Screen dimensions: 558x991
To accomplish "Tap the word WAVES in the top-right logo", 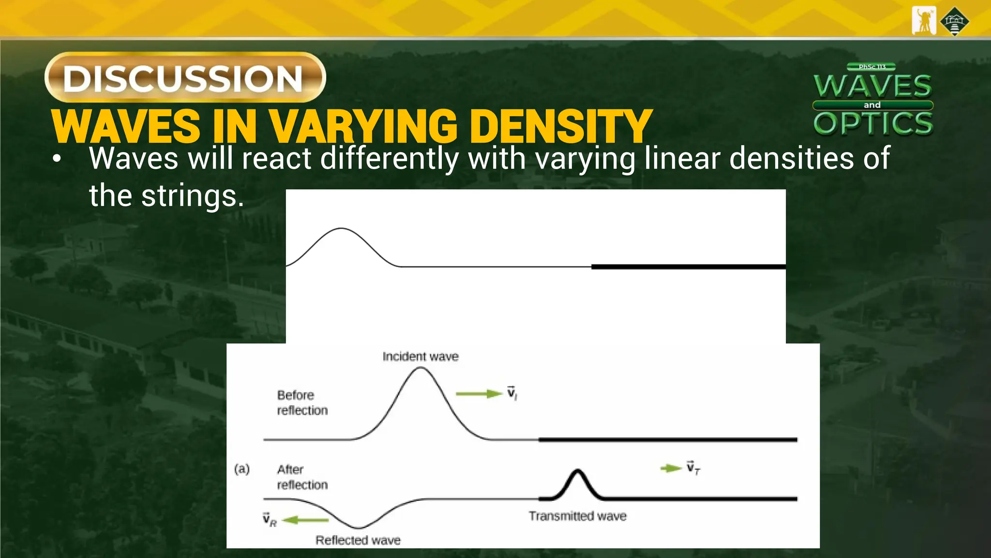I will [872, 86].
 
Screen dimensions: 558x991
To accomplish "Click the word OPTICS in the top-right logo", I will [873, 123].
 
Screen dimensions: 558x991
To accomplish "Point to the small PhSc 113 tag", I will [871, 67].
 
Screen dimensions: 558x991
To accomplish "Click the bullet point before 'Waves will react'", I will [57, 159].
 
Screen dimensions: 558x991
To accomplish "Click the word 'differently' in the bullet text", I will [390, 158].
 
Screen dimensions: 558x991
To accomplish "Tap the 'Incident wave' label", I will [420, 356].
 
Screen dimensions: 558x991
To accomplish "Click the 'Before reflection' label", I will [302, 403].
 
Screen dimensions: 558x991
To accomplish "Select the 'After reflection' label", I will [302, 477].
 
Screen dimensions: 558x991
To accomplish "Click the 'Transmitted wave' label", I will [577, 516].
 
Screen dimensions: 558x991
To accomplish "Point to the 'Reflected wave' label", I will [358, 540].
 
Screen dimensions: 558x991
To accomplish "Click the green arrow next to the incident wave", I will [479, 394].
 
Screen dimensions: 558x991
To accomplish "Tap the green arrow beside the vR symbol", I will [306, 520].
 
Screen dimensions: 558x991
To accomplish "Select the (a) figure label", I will [242, 469].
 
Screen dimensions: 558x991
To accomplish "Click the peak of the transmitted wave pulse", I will [577, 470].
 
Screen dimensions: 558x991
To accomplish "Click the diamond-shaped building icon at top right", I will [954, 21].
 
